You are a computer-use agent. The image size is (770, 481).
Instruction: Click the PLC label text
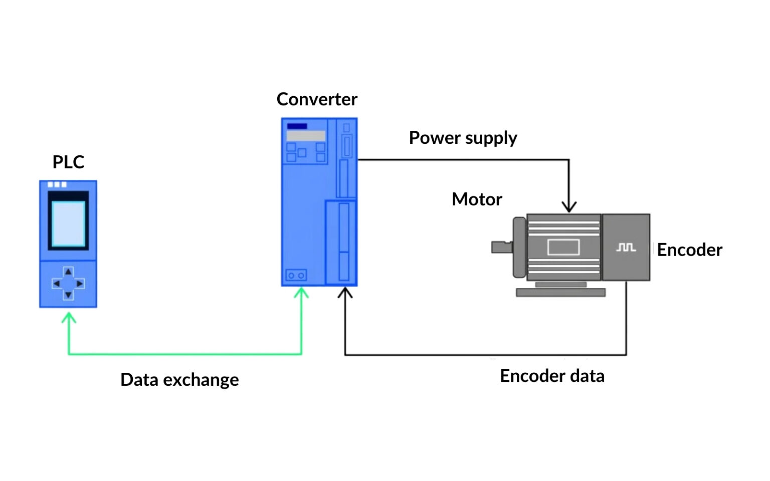click(68, 162)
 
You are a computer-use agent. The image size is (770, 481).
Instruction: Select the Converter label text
click(316, 99)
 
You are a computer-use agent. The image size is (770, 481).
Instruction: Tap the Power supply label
click(463, 138)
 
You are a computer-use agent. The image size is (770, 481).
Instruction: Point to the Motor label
click(476, 199)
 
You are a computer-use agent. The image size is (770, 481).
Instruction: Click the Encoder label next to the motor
click(689, 250)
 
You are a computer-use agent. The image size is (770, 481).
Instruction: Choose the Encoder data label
click(552, 376)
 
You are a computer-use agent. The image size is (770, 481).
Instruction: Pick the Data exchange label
click(179, 380)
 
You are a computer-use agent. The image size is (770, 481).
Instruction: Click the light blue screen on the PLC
click(68, 223)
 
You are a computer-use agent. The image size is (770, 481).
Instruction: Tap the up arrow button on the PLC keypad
click(68, 272)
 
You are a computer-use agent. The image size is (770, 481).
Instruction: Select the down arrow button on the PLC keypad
click(68, 295)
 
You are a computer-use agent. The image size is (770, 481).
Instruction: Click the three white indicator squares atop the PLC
click(57, 184)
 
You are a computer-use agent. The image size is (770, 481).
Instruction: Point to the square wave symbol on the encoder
click(626, 248)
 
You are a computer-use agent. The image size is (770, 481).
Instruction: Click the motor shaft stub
click(501, 247)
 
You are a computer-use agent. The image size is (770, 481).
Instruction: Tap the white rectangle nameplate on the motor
click(563, 247)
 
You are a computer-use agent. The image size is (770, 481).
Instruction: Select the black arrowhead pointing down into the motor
click(569, 206)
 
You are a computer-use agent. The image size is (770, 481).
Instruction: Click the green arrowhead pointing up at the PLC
click(69, 318)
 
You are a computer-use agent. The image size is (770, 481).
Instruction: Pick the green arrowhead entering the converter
click(301, 293)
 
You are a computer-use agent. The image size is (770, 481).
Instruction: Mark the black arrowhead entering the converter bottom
click(345, 293)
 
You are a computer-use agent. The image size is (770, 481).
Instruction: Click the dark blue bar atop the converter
click(297, 126)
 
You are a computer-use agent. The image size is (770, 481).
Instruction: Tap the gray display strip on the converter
click(306, 136)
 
